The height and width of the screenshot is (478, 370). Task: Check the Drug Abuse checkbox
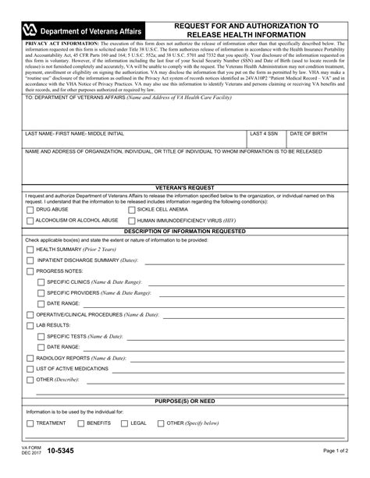pos(30,210)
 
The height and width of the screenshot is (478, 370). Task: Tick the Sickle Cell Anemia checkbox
pos(130,210)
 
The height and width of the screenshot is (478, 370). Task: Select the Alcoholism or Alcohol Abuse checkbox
pos(30,221)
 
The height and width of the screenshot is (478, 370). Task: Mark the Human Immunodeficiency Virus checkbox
pos(130,221)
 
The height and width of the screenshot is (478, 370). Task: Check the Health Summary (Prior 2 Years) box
pos(30,249)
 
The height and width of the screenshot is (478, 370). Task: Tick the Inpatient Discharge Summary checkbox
pos(30,260)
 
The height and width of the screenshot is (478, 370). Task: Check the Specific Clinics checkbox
pos(41,281)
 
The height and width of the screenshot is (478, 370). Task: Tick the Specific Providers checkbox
pos(41,292)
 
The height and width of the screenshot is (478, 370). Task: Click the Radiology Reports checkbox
pos(30,356)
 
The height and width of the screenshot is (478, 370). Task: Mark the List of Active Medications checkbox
pos(30,367)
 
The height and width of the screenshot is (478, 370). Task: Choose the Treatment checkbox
pos(30,423)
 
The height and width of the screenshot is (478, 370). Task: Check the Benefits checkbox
pos(81,423)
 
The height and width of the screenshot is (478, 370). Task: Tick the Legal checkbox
pos(125,423)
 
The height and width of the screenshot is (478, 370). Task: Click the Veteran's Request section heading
pos(185,188)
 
